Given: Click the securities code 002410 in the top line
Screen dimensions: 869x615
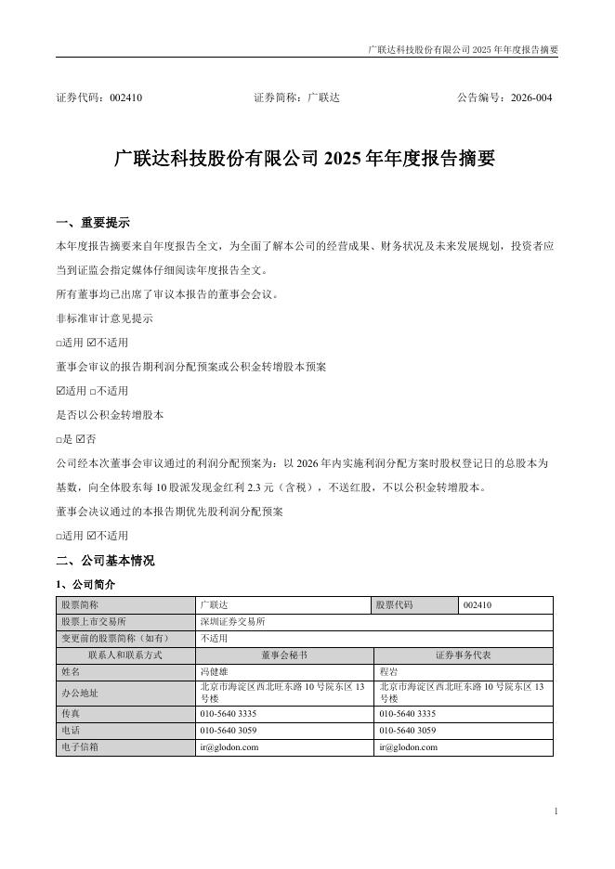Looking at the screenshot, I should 126,97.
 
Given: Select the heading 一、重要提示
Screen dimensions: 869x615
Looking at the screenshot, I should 93,223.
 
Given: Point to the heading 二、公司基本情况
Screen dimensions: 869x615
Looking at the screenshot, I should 105,561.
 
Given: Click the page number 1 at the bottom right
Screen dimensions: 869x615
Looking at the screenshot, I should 555,811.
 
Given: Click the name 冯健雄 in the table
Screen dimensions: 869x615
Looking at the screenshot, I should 214,669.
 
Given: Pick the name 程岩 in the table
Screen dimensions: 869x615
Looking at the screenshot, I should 388,669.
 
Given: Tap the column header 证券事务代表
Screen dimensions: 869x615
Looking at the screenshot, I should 464,654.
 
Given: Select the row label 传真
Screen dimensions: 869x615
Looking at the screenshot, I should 71,713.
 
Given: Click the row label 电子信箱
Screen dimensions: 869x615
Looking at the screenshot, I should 80,746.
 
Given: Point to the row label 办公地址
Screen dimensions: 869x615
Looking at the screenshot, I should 80,692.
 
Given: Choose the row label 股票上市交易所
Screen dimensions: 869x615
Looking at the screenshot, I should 93,621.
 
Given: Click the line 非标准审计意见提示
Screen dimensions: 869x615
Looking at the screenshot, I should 105,318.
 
